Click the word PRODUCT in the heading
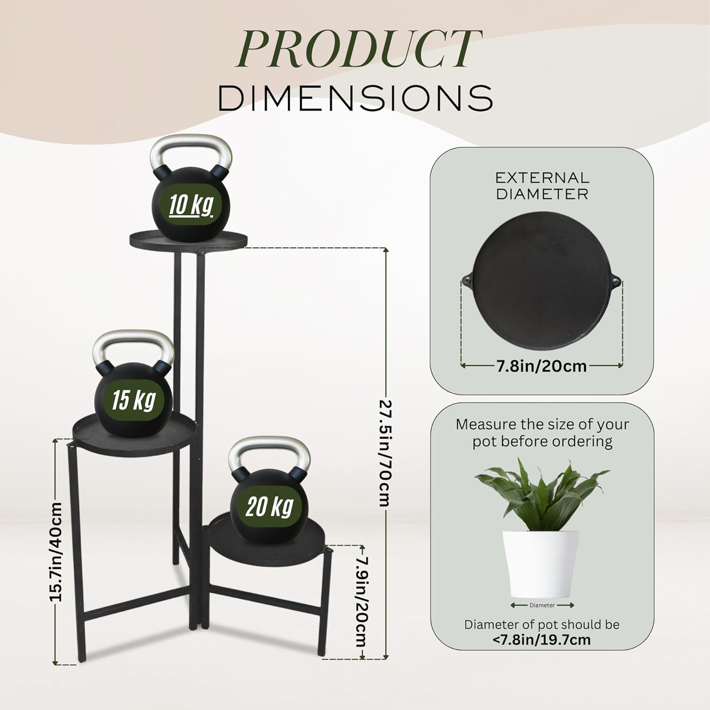tap(358, 48)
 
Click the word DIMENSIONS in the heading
tap(355, 98)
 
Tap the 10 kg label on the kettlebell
tap(191, 205)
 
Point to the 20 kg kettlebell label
tap(270, 507)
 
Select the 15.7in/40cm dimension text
tap(56, 551)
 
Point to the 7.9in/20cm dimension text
tap(362, 602)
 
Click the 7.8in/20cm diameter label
tap(541, 366)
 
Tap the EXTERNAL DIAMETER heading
tap(542, 186)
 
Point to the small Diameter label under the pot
tap(542, 605)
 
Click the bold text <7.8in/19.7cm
tap(541, 640)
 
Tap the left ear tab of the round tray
tap(467, 280)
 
